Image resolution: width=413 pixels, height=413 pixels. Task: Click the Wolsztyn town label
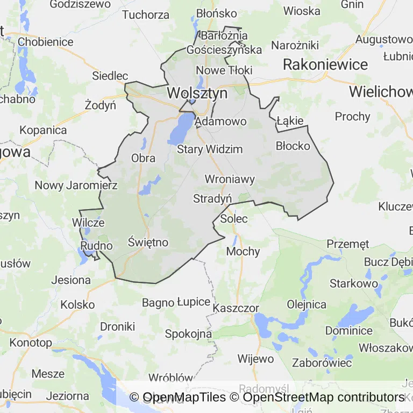(197, 93)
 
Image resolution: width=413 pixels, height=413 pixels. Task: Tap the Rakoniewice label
(325, 65)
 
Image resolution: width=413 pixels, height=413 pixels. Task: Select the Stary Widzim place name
(210, 149)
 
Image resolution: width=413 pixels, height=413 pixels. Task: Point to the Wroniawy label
(230, 179)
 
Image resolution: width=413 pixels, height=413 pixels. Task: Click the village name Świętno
(148, 243)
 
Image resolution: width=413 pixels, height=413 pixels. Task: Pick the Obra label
(144, 158)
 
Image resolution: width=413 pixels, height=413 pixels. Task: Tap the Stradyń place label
(212, 198)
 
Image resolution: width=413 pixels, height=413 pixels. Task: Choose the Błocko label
(293, 146)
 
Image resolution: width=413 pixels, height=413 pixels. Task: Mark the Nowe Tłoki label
(224, 70)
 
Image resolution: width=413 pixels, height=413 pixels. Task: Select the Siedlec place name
(110, 76)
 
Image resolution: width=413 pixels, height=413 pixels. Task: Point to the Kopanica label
(43, 130)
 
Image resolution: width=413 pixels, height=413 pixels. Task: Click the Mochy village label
(243, 251)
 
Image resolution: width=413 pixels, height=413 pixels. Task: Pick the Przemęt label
(348, 244)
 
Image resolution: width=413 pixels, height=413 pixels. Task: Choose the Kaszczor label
(236, 308)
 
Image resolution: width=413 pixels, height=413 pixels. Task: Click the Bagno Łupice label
(176, 302)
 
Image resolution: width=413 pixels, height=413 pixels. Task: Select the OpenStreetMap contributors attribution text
(323, 397)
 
